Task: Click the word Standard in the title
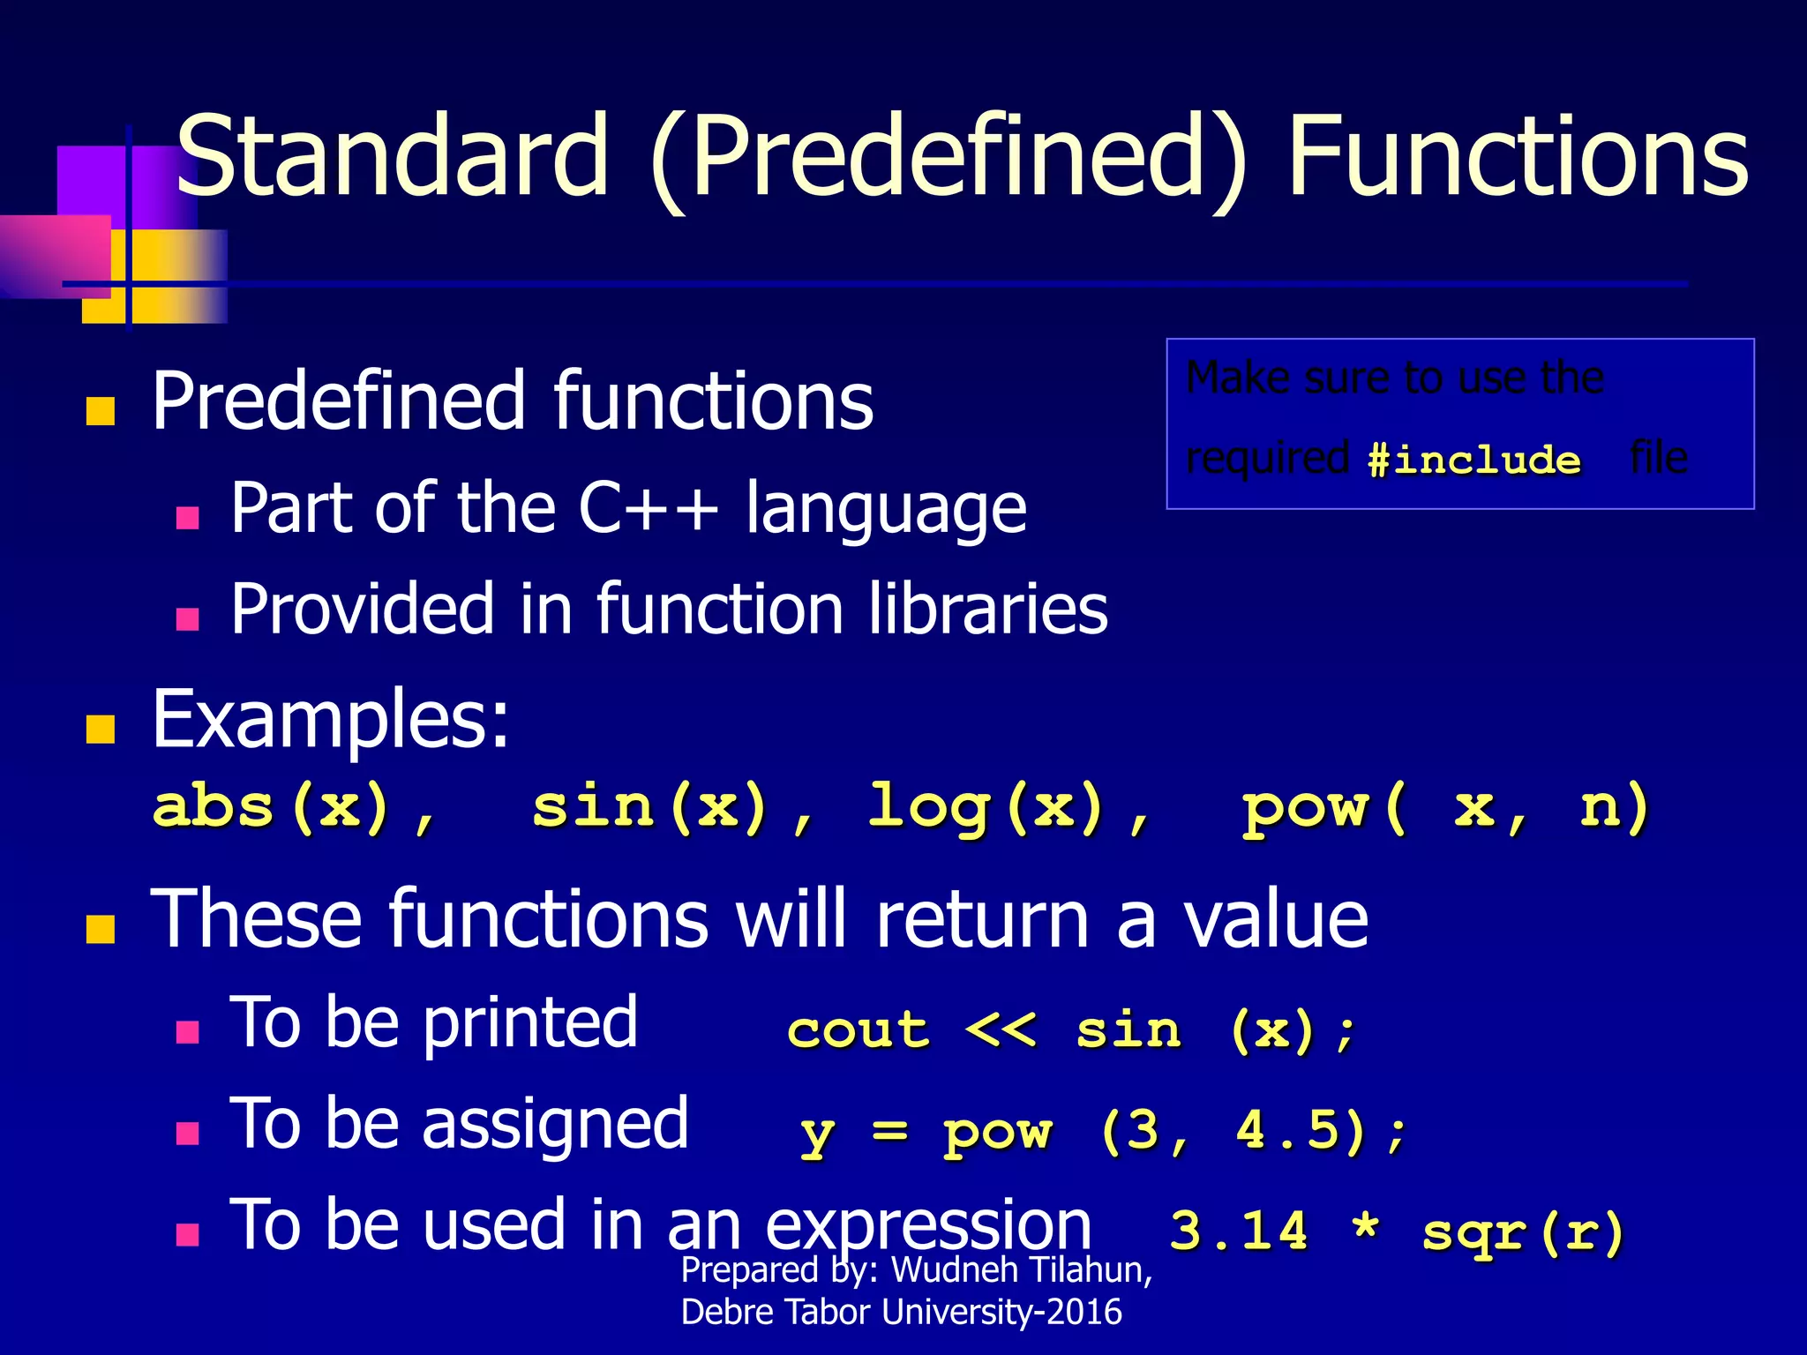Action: point(392,157)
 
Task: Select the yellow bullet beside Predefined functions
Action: point(101,411)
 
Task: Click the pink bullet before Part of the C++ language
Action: point(187,516)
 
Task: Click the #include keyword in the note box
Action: point(1473,460)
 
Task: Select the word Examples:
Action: point(331,719)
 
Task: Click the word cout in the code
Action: point(858,1030)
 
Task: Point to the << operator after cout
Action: point(1000,1030)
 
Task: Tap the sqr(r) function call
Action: point(1524,1232)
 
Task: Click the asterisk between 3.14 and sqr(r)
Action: point(1365,1227)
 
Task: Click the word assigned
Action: point(555,1125)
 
